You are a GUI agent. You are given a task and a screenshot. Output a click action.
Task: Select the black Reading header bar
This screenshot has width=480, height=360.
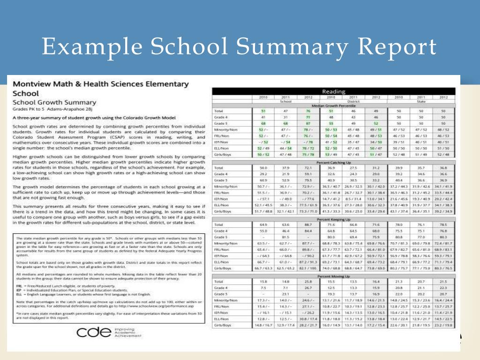[333, 91]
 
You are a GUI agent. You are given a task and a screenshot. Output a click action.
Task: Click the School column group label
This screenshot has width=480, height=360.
[285, 101]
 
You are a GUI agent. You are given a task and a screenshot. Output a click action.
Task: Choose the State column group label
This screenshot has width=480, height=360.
[420, 101]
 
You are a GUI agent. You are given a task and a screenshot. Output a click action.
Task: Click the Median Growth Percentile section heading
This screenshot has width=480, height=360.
[333, 105]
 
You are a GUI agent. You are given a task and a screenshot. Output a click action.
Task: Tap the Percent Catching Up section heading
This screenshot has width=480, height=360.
[333, 163]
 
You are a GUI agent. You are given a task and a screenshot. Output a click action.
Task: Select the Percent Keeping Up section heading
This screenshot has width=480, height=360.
[333, 219]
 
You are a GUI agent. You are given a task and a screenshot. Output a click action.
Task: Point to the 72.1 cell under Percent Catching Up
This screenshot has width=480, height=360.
[308, 168]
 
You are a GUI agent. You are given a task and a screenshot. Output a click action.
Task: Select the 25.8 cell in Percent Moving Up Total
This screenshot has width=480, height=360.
[308, 281]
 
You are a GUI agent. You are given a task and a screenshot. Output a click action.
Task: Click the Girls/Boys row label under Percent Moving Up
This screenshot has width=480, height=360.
[223, 324]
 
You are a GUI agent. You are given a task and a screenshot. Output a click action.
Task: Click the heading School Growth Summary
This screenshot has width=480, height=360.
[54, 103]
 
